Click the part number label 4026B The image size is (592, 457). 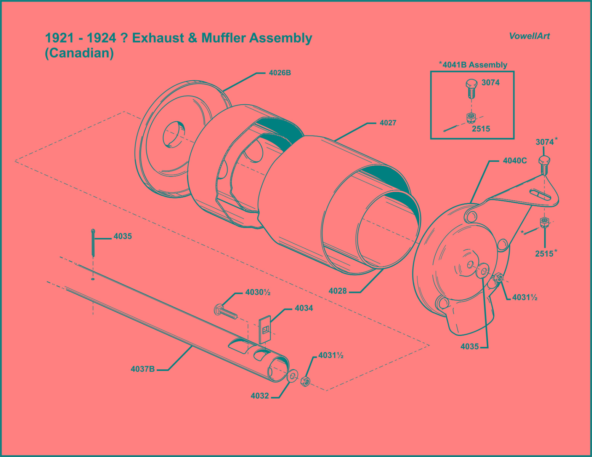[x=280, y=73]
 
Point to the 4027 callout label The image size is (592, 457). [x=388, y=123]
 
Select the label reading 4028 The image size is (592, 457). [x=338, y=291]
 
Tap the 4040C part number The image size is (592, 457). [x=515, y=161]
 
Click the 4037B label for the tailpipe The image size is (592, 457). [x=143, y=369]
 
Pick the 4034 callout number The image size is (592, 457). [x=304, y=308]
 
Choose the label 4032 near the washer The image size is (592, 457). [x=260, y=396]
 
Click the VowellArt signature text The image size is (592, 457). [x=529, y=36]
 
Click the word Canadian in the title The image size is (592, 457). [x=79, y=53]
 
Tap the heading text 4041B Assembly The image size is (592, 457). [x=474, y=65]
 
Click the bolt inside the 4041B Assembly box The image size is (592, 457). [x=471, y=88]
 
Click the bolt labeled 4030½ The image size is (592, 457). [x=225, y=311]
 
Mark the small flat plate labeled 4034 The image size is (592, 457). [x=265, y=329]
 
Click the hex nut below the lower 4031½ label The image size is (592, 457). [x=305, y=381]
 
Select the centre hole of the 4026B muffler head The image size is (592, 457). [x=174, y=134]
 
